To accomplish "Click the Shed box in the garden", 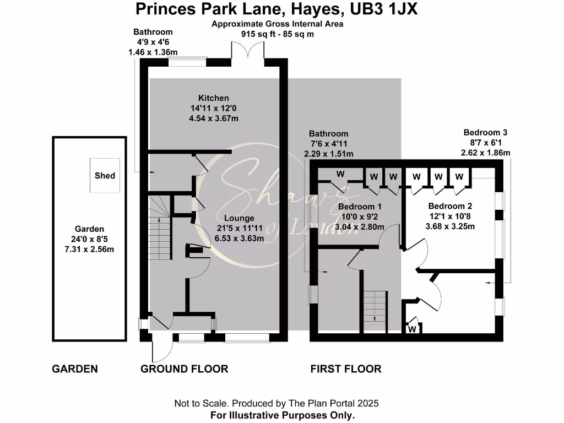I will (105, 176).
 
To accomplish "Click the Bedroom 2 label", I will (451, 206).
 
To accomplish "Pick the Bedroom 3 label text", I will (485, 132).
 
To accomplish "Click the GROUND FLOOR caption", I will (184, 368).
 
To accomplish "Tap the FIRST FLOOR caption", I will (345, 368).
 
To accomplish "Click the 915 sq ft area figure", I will (262, 34).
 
